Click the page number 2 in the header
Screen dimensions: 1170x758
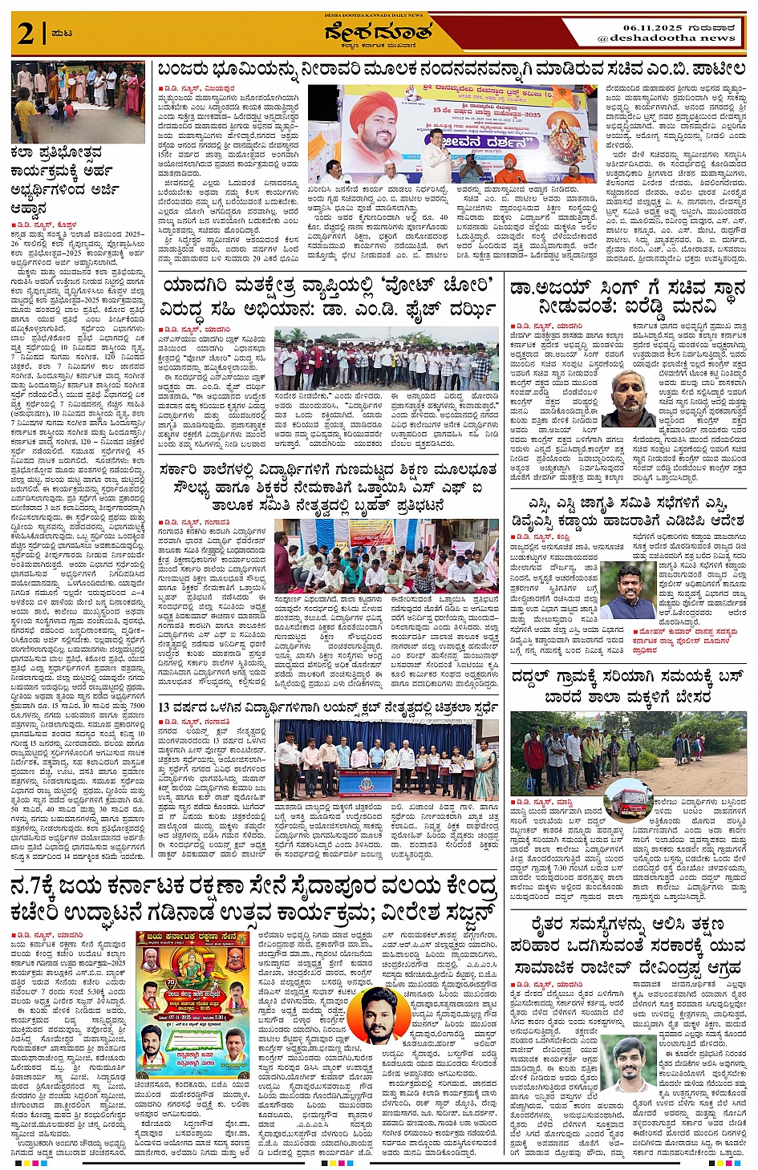[26, 34]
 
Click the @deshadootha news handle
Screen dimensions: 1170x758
[672, 38]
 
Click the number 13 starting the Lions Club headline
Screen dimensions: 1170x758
[164, 707]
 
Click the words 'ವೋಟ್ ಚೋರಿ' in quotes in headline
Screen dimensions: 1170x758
[389, 286]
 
